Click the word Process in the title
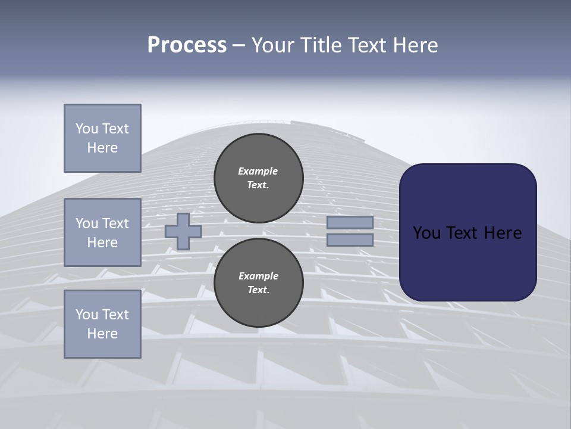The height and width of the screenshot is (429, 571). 187,45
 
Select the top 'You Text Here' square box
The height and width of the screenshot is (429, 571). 102,138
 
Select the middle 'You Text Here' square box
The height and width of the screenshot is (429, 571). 102,232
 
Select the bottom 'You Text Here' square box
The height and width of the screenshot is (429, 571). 102,324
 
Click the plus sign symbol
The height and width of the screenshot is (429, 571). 183,231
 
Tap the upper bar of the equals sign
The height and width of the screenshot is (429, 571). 350,223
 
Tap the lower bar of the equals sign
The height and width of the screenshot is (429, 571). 350,240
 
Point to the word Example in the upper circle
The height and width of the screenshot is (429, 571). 258,171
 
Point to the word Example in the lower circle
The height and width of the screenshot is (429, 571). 258,276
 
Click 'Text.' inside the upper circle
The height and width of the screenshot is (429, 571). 258,185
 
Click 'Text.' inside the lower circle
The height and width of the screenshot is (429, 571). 258,290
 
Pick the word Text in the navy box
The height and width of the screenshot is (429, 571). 460,233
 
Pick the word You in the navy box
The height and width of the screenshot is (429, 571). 426,233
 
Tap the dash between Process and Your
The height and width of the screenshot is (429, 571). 239,46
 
